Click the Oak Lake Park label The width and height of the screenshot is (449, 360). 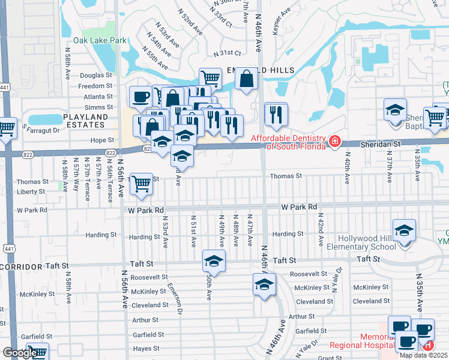tap(100, 41)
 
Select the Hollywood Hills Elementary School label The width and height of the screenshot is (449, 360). tap(360, 241)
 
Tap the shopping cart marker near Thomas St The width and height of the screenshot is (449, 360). tap(141, 183)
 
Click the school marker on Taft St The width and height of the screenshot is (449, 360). tap(212, 261)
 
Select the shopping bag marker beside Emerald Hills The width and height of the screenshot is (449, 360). tap(246, 79)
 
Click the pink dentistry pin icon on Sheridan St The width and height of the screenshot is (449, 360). tap(335, 142)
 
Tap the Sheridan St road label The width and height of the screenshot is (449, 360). tap(380, 145)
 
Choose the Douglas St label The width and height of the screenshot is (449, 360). tap(96, 76)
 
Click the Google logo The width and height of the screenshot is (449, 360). tap(19, 353)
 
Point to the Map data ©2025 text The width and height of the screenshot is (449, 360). tap(424, 355)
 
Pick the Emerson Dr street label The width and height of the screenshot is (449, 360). tap(174, 297)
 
